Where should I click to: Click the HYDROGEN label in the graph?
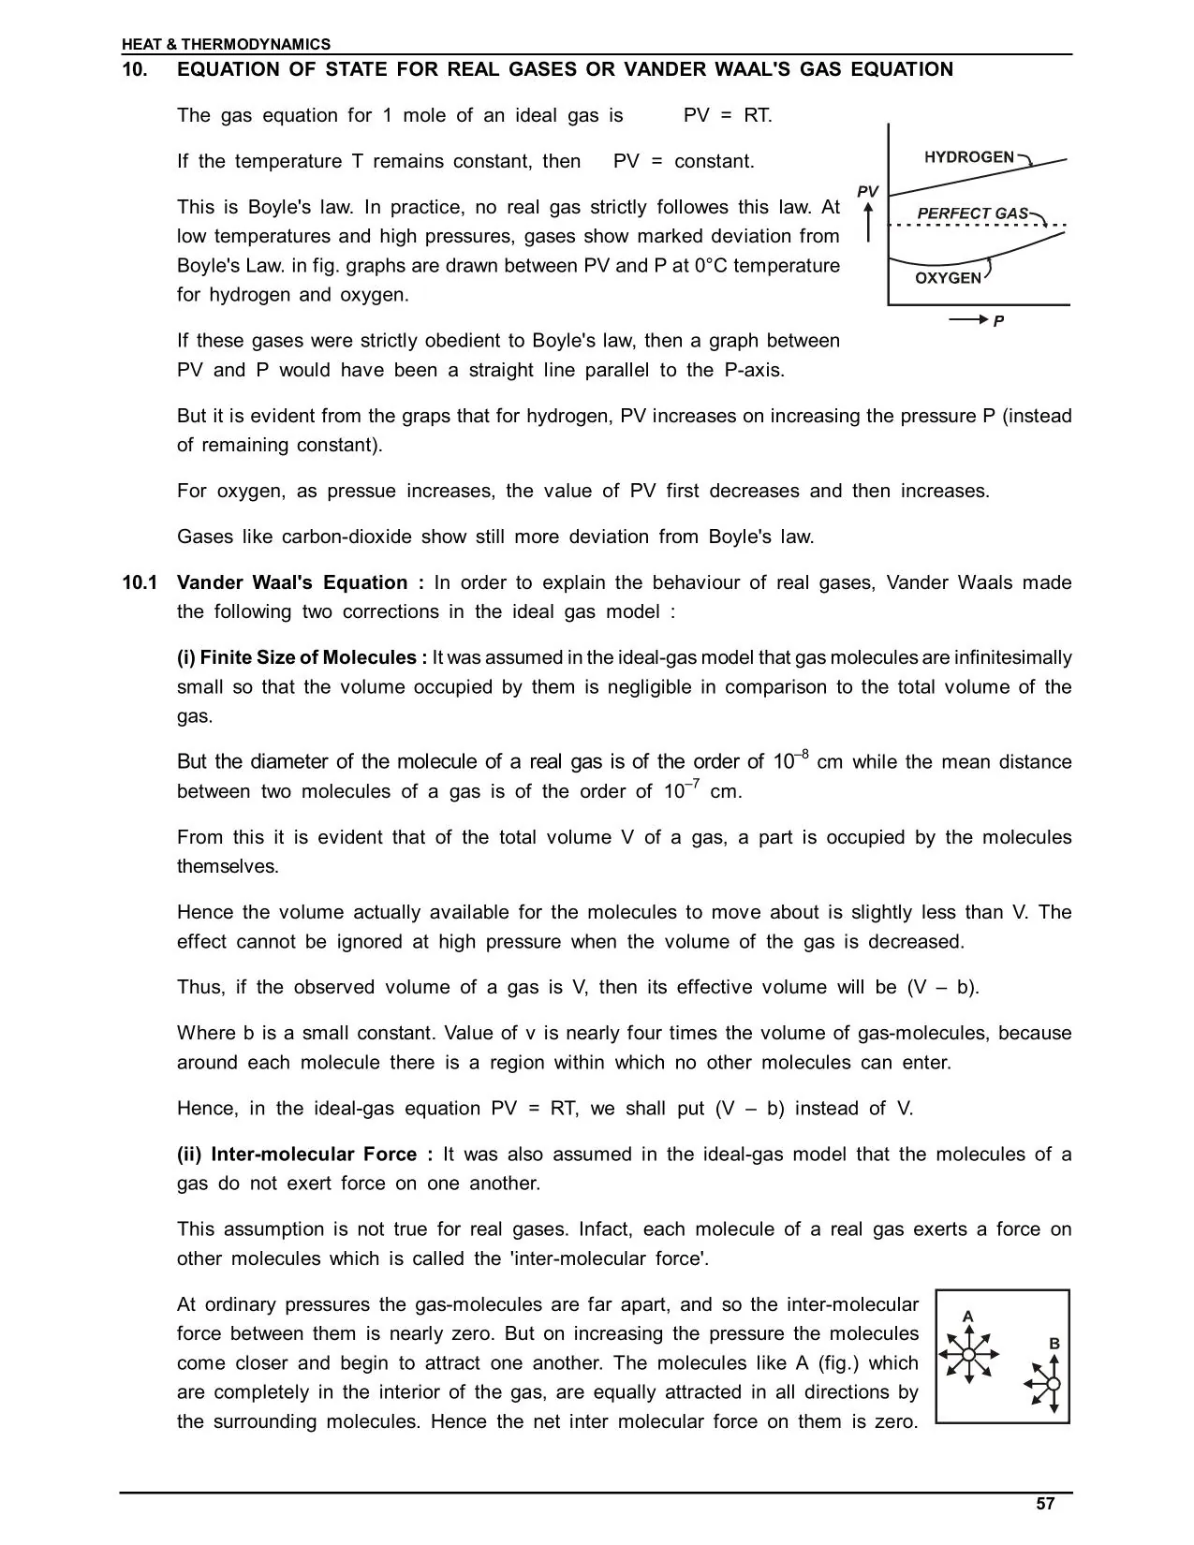[x=968, y=157]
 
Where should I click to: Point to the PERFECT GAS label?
[x=972, y=213]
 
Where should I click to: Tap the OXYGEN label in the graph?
[x=948, y=278]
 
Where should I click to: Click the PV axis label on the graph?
[x=868, y=192]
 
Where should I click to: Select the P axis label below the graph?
[x=998, y=321]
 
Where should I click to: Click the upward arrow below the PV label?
[x=868, y=222]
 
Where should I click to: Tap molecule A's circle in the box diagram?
[x=968, y=1354]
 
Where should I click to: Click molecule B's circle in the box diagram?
[x=1053, y=1384]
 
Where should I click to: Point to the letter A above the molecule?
[x=968, y=1317]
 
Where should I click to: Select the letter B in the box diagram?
[x=1054, y=1344]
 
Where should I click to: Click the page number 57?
[x=1045, y=1505]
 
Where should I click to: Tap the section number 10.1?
[x=140, y=583]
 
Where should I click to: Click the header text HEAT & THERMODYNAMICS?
[x=226, y=44]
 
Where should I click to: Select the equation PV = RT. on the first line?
[x=728, y=116]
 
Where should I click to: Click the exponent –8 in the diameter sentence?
[x=802, y=755]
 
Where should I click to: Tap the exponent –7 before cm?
[x=694, y=785]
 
